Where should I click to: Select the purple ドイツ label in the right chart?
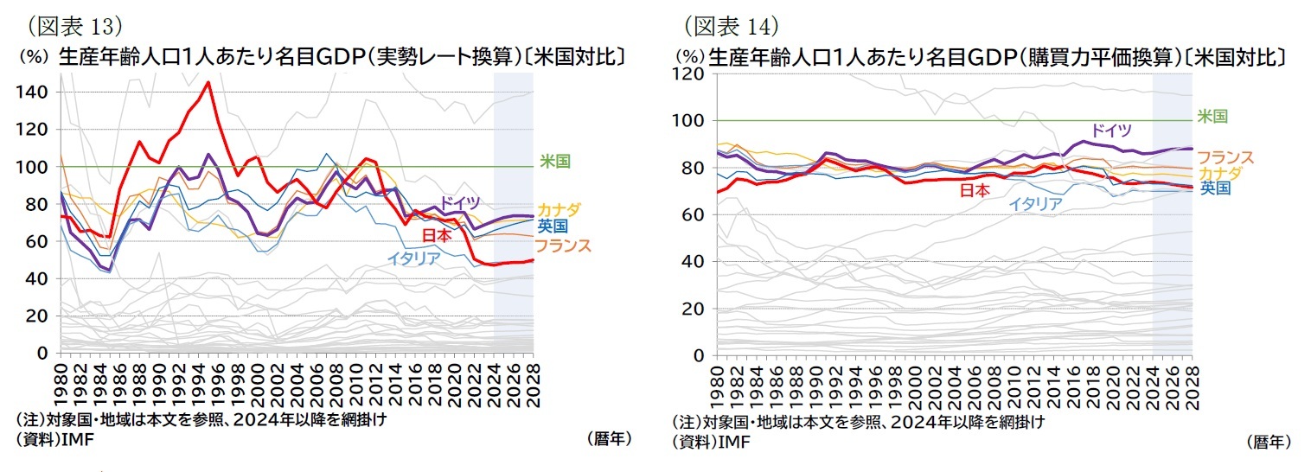click(x=1110, y=131)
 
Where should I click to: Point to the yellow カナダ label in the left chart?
click(x=559, y=210)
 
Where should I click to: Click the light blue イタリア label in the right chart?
click(x=1035, y=204)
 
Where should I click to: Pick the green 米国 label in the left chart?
click(x=555, y=161)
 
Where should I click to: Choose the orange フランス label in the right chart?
click(x=1225, y=156)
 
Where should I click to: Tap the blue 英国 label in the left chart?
click(x=553, y=226)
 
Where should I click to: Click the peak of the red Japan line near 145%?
click(x=208, y=83)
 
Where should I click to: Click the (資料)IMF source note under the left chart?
click(x=54, y=439)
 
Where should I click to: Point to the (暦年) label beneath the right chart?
click(x=1268, y=442)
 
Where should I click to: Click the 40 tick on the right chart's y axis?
click(x=693, y=261)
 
